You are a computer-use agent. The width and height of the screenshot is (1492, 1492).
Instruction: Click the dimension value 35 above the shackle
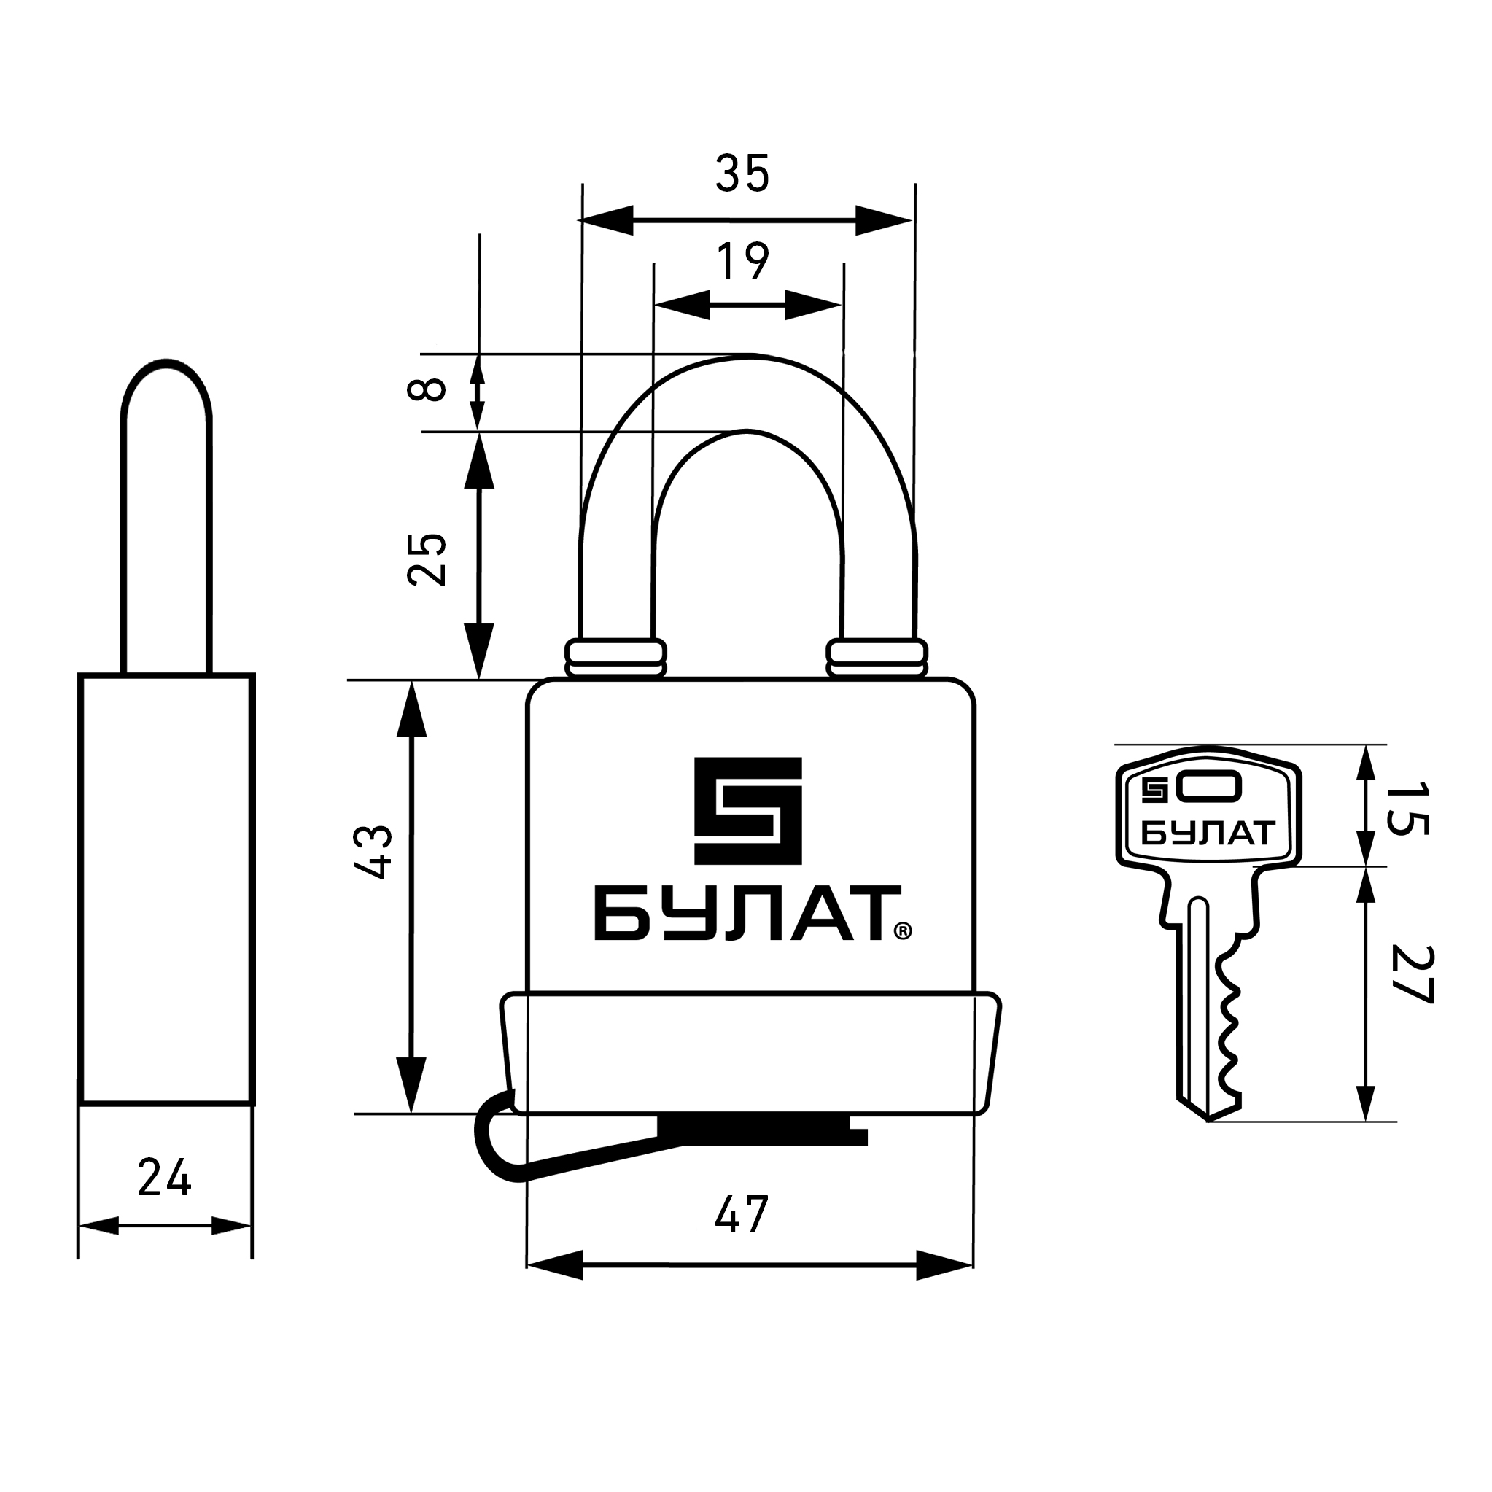[743, 173]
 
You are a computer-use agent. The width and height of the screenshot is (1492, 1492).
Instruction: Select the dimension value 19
[743, 262]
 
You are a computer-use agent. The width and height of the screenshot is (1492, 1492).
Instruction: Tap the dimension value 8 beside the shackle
[427, 389]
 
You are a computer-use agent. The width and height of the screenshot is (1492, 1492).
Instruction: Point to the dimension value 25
[427, 559]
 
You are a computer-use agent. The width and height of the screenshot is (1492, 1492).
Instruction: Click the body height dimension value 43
[373, 852]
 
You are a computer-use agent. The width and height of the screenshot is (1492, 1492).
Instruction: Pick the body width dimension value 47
[742, 1215]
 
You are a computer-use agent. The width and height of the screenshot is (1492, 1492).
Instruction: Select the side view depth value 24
[165, 1178]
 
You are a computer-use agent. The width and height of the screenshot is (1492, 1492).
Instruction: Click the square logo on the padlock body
[748, 811]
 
